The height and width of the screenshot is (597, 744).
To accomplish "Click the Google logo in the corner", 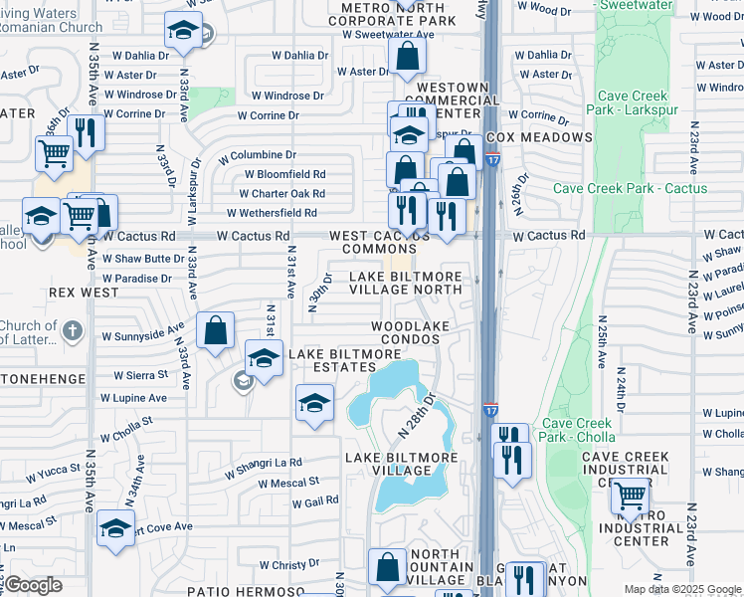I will point(33,585).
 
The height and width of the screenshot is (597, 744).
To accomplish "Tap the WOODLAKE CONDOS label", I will point(406,332).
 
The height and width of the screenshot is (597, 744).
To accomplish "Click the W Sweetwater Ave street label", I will point(388,34).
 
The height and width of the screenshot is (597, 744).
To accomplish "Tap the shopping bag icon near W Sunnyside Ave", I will point(215,330).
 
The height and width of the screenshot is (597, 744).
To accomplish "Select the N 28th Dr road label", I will point(417,416).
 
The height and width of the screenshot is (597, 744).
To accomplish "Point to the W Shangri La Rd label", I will point(263,463).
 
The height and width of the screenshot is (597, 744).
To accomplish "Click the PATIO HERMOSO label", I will point(237,591).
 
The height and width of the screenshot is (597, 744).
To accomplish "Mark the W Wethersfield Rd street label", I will point(272,213).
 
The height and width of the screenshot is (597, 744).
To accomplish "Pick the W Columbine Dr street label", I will point(258,155).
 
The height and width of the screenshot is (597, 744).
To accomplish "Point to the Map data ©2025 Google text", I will point(681,589).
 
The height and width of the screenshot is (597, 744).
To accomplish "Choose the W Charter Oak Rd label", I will point(284,194).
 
